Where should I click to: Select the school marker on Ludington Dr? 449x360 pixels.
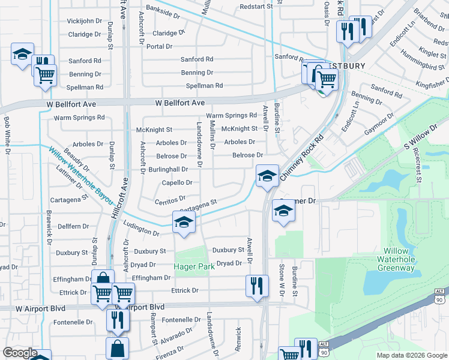[x=184, y=223]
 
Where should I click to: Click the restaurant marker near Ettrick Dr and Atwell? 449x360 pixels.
[x=257, y=286]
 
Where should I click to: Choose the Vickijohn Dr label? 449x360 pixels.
[x=85, y=21]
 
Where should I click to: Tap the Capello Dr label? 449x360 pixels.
[x=177, y=182]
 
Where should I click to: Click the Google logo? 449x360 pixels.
[x=20, y=353]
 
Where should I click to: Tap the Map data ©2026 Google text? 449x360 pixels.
[x=411, y=355]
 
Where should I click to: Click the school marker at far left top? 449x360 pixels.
[x=22, y=56]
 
